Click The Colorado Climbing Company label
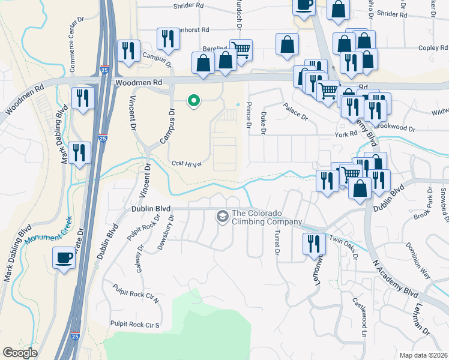pos(267,217)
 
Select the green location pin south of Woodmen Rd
pos(193,101)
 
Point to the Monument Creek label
pos(49,230)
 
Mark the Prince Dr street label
pos(249,115)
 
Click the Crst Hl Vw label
pos(185,163)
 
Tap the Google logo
pos(20,353)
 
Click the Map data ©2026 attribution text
pos(423,355)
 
